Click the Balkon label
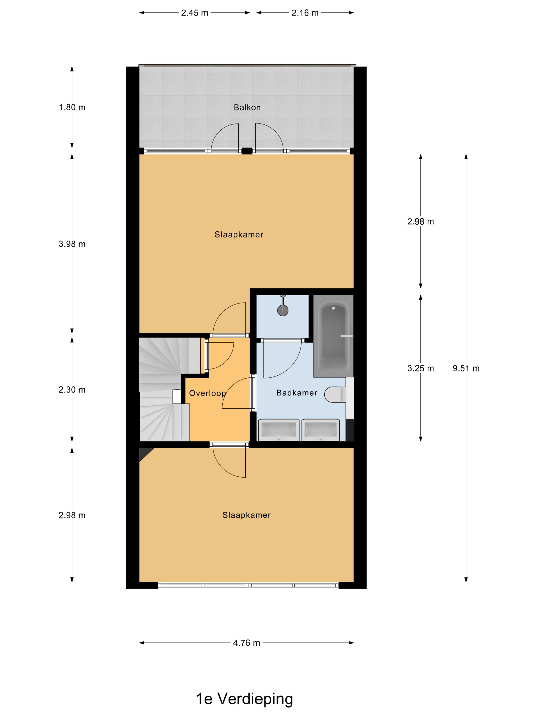point(247,107)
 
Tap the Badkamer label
point(297,393)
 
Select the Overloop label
point(208,393)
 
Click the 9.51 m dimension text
point(466,368)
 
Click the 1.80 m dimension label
point(72,107)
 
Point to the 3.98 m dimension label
point(72,244)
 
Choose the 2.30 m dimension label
point(72,390)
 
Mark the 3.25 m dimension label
point(421,368)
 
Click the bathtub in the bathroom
point(333,335)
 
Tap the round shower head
point(283,310)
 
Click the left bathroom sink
point(278,430)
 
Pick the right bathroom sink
point(320,430)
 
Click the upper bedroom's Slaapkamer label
point(239,234)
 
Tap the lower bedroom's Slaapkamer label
point(246,515)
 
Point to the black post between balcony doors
point(247,151)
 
